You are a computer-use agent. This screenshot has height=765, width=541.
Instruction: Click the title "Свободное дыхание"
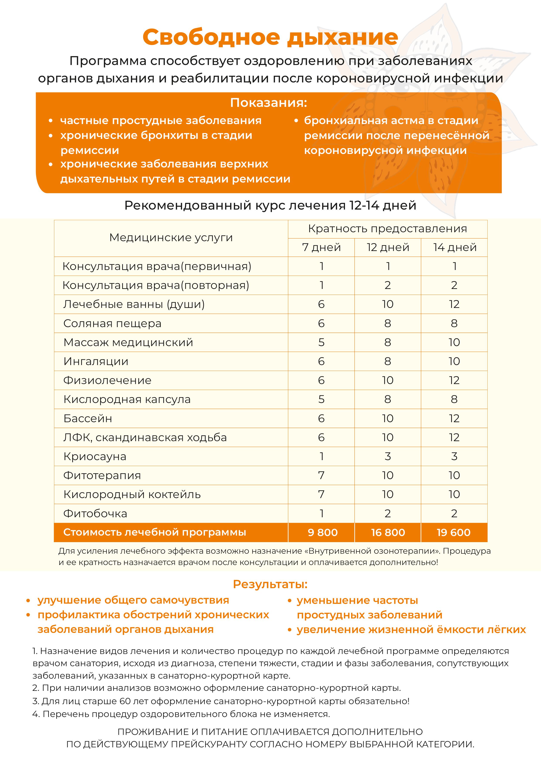click(x=270, y=37)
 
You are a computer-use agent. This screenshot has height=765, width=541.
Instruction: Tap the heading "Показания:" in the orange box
click(x=268, y=103)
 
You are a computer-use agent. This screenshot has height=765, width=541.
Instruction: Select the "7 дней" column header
click(x=321, y=247)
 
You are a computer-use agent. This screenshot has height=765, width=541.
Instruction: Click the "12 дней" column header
click(x=388, y=247)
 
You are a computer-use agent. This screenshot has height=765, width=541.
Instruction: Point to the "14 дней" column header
click(x=454, y=247)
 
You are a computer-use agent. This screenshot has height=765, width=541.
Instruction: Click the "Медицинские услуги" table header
click(x=171, y=237)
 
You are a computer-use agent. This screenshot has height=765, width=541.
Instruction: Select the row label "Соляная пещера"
click(x=112, y=323)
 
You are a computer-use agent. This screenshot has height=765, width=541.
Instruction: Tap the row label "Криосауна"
click(x=95, y=456)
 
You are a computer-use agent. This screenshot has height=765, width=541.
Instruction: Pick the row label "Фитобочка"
click(x=95, y=513)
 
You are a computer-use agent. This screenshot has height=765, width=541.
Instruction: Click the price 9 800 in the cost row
click(x=323, y=533)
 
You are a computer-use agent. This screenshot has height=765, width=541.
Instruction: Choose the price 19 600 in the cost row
click(x=454, y=533)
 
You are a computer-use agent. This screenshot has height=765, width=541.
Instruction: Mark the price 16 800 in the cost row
click(x=388, y=533)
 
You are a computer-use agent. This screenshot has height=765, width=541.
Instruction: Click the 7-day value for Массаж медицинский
click(x=321, y=342)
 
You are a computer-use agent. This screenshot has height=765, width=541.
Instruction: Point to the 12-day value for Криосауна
click(x=387, y=456)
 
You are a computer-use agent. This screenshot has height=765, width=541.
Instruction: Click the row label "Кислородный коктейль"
click(x=132, y=494)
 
